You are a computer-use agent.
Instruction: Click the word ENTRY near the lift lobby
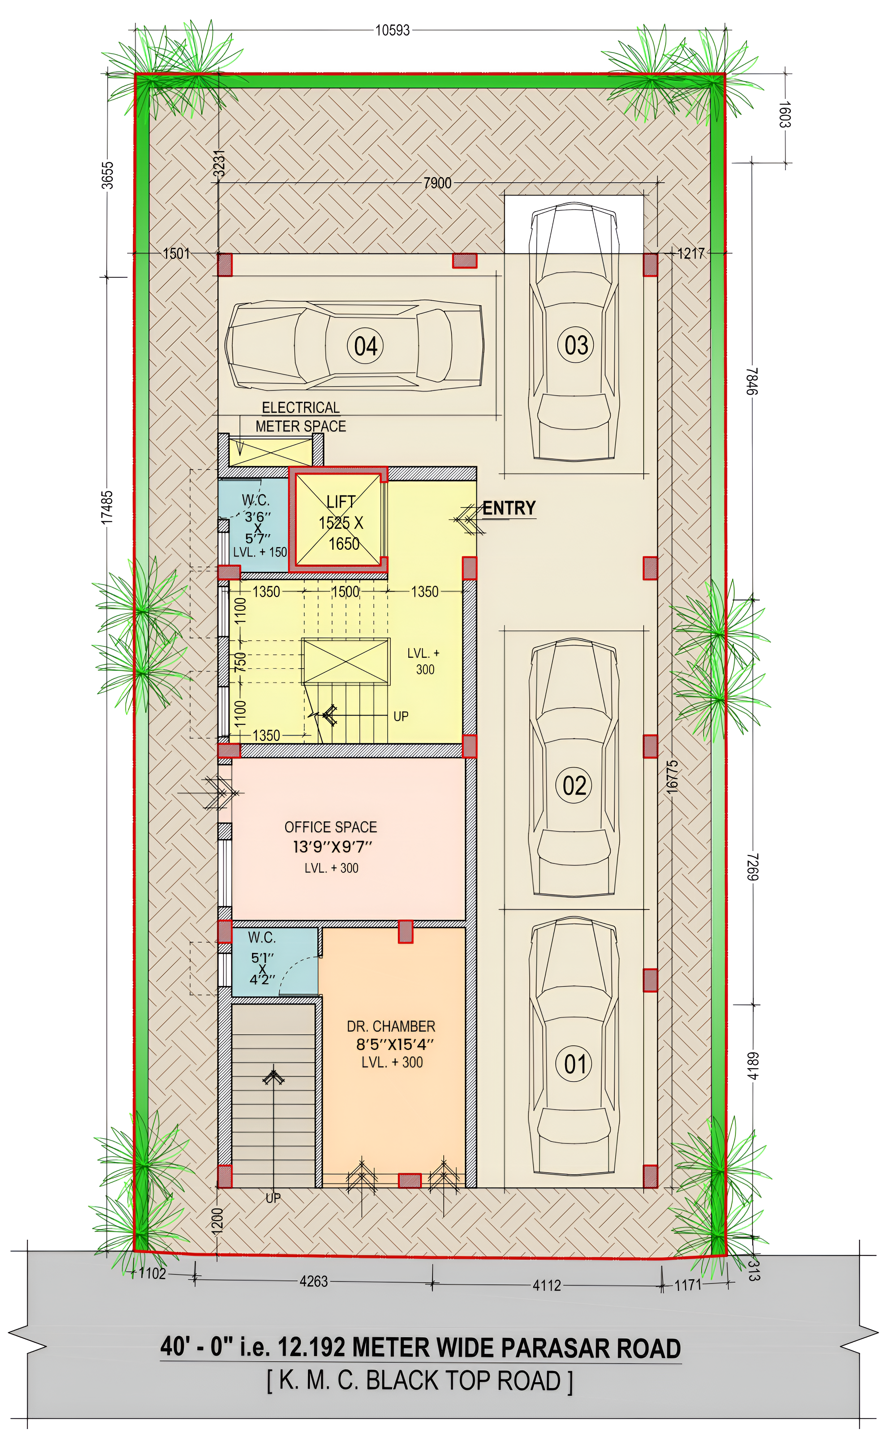[x=509, y=508]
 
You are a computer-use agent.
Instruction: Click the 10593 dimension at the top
[x=392, y=30]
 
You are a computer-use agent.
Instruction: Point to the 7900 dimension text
[x=437, y=183]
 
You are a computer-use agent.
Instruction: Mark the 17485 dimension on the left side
[x=107, y=507]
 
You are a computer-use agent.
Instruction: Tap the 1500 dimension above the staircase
[x=345, y=591]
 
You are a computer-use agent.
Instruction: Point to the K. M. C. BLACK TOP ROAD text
[x=420, y=1381]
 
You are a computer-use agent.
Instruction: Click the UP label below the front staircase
[x=273, y=1198]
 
